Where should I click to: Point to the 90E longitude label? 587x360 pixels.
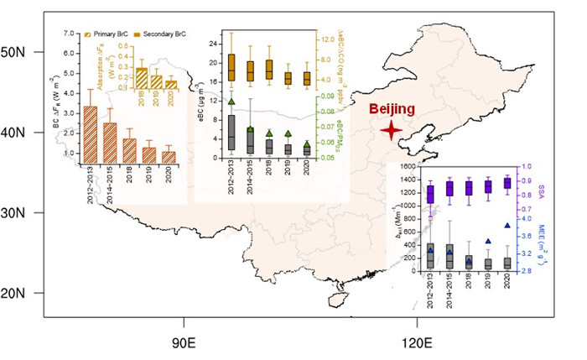coord(184,342)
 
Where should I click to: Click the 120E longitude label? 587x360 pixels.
coord(416,342)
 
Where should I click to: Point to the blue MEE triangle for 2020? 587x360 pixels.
coord(506,225)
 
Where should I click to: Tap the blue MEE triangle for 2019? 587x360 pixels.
coord(488,242)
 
